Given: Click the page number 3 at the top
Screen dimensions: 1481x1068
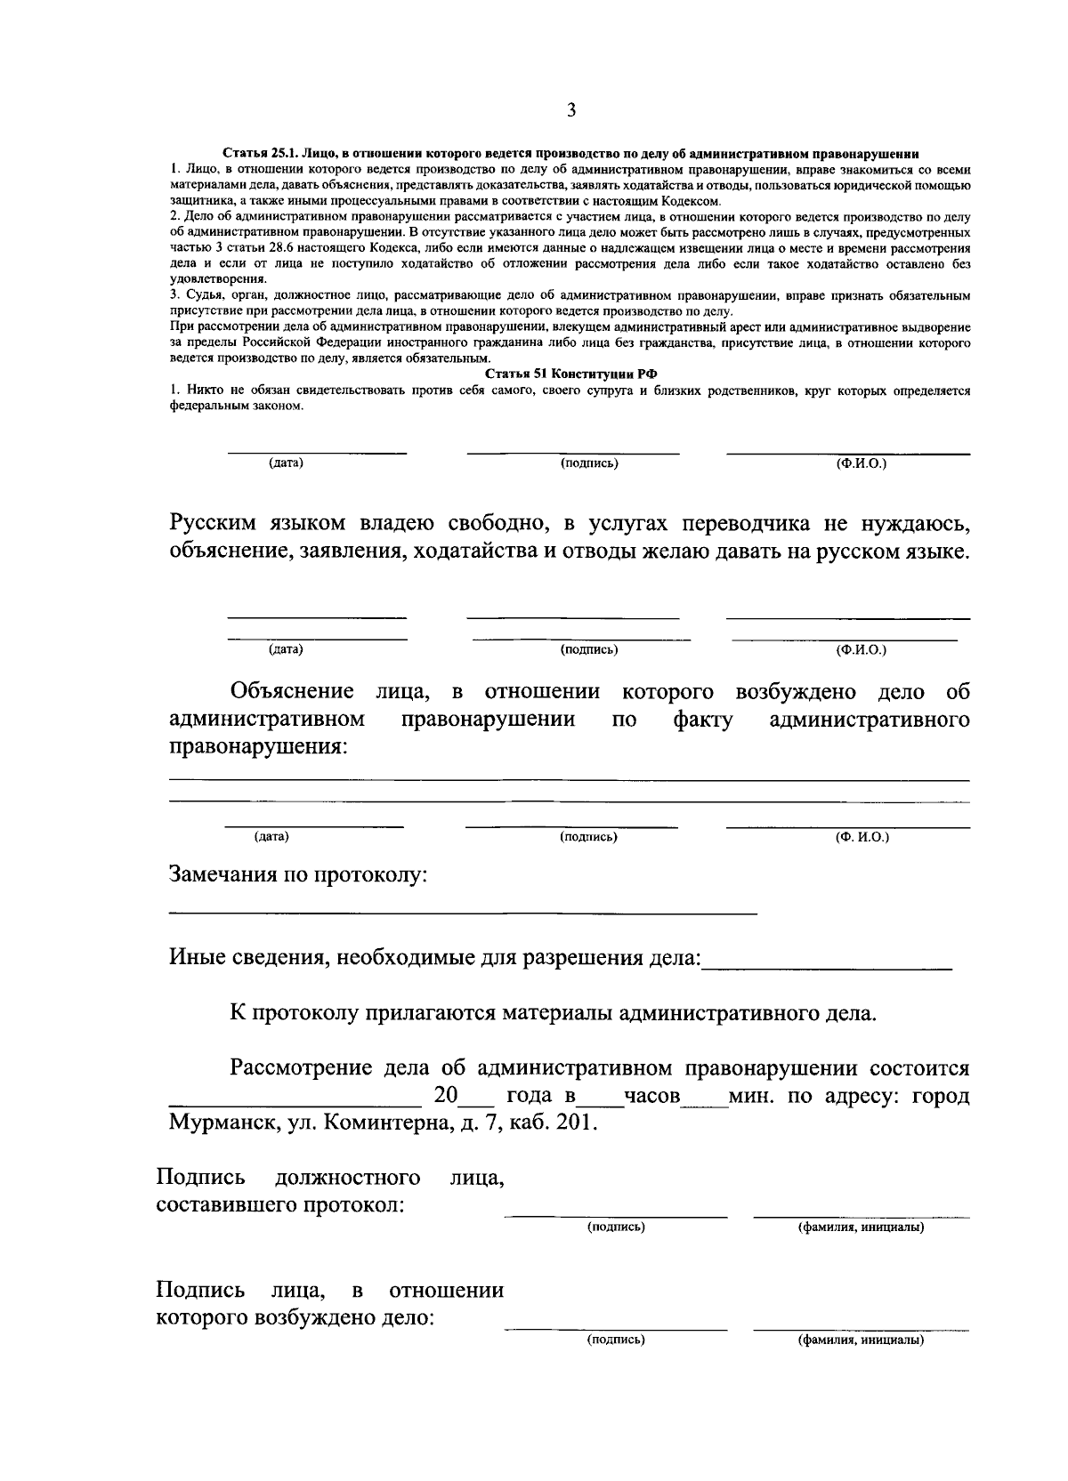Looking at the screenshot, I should click(570, 111).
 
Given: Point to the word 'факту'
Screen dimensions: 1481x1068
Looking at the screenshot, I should click(703, 720).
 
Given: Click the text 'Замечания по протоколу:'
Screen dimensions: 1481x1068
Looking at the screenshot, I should click(299, 875).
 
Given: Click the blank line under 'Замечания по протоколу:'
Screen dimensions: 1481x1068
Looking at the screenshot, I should click(463, 914).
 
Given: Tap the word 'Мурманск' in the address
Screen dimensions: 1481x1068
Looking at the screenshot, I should click(222, 1123).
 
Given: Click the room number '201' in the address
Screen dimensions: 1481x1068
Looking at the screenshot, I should click(571, 1123).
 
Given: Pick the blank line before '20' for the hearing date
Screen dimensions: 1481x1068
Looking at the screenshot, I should click(294, 1101).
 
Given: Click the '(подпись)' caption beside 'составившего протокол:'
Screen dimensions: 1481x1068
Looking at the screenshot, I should click(616, 1227).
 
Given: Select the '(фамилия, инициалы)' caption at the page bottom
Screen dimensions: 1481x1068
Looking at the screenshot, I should click(861, 1339).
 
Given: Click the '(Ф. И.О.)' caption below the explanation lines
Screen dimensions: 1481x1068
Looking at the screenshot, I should click(862, 837).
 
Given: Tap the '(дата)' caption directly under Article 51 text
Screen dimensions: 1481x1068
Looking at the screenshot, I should click(286, 463).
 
